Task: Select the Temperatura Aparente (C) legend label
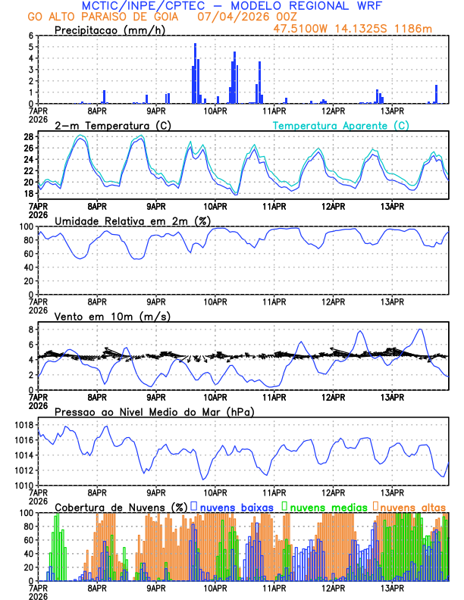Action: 340,125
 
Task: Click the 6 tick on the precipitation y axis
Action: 30,36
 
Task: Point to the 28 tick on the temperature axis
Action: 28,137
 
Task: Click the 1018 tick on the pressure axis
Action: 23,425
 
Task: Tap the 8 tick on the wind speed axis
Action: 30,330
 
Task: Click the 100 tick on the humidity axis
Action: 25,227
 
